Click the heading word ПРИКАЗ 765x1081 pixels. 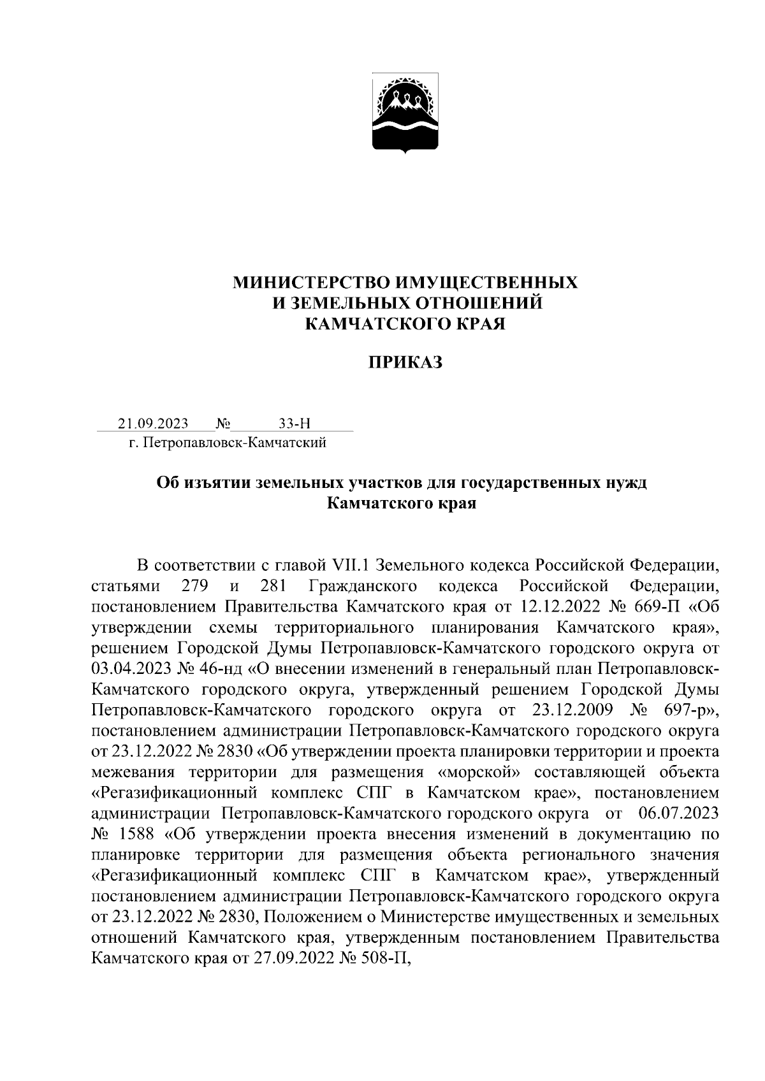[405, 362]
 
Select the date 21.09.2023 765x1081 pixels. [153, 424]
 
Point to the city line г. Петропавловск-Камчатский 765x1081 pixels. [228, 442]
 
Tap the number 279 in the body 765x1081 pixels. [194, 585]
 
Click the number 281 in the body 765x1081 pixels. [273, 585]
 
